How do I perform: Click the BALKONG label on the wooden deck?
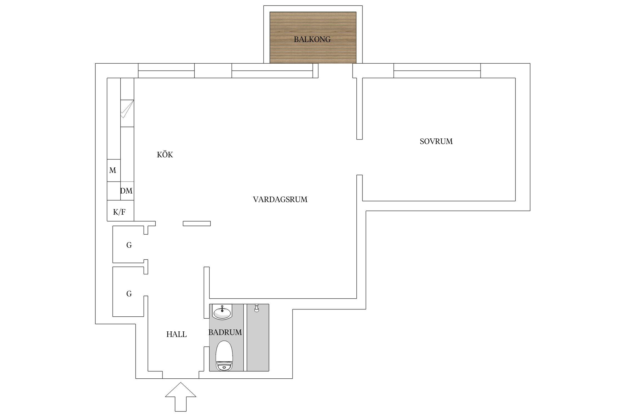tap(312, 39)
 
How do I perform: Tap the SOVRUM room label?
tap(436, 142)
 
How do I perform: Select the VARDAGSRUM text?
tap(280, 200)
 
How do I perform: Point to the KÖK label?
tap(165, 155)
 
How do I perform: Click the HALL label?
tap(176, 334)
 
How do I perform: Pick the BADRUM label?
tap(225, 332)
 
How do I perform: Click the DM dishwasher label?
tap(126, 191)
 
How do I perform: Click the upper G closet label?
tap(129, 245)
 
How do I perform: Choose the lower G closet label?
tap(129, 294)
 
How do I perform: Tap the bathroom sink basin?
tap(222, 312)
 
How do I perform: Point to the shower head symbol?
tap(256, 308)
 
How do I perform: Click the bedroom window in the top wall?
tap(437, 71)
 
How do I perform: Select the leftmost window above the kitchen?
tap(166, 71)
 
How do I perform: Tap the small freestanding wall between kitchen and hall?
tap(197, 224)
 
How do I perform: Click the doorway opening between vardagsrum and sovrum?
tap(359, 157)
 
